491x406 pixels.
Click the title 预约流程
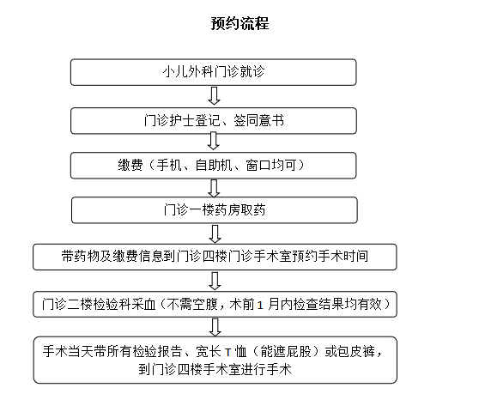[239, 23]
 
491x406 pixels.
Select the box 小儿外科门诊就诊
[213, 72]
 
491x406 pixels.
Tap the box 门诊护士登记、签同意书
[214, 121]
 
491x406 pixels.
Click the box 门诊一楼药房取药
[215, 210]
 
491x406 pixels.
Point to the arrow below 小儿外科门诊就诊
[215, 96]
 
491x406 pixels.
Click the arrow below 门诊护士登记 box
[214, 141]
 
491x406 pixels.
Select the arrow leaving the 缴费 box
[214, 188]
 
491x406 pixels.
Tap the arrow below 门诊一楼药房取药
[215, 233]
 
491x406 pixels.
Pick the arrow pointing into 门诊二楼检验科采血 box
[215, 281]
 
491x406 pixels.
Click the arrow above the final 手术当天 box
[215, 327]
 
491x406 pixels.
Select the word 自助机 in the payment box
[214, 166]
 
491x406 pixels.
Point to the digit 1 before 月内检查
[260, 305]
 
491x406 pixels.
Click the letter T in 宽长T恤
[228, 353]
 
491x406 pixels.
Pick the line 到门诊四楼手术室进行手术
[215, 370]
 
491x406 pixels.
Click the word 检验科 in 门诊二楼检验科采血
[112, 304]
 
